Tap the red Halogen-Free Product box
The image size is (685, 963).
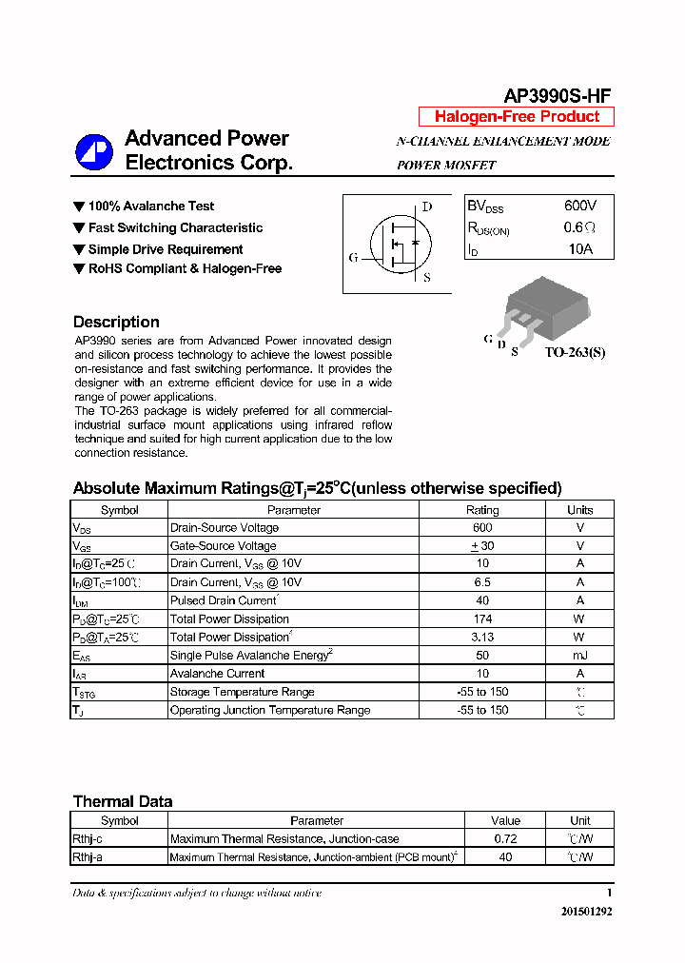tap(517, 117)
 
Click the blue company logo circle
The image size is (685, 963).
tap(94, 151)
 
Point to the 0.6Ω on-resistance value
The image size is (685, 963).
tap(579, 228)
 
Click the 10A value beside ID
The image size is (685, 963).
tap(579, 249)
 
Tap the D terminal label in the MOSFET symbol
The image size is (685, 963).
tap(427, 206)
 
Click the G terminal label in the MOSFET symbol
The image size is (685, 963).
tap(353, 257)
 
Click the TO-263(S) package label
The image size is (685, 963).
tap(575, 352)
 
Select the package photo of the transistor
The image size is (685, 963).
tap(542, 306)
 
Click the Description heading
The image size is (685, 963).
tap(116, 322)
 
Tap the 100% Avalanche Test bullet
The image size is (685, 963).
tap(150, 206)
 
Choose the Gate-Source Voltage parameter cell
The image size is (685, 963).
tap(223, 546)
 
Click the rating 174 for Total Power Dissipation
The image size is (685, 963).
tap(481, 619)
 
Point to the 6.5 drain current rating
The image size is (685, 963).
tap(481, 582)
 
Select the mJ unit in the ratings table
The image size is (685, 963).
tap(579, 656)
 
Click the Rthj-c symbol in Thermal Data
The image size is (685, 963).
tap(88, 839)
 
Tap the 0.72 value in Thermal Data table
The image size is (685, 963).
tap(505, 839)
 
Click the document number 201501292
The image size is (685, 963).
tap(586, 912)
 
